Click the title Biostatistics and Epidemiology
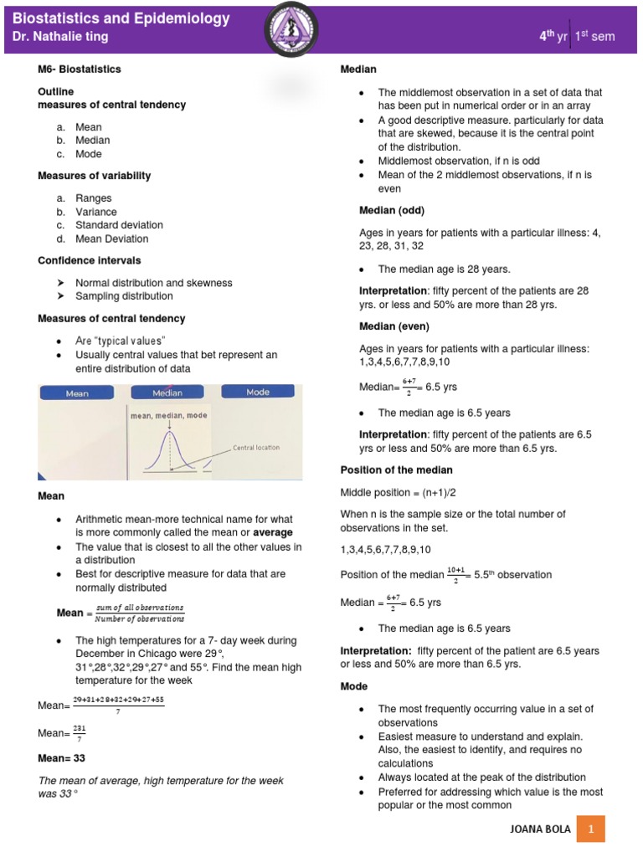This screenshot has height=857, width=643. coord(122,18)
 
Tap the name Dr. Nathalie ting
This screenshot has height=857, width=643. coord(60,37)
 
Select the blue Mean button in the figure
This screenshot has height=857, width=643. coord(77,393)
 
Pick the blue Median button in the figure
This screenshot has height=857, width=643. coord(167,393)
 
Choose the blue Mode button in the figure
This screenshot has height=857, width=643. coord(258,392)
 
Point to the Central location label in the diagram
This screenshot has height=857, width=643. coord(256,448)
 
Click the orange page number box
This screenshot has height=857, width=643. coord(591,829)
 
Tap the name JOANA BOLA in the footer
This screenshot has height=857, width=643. coord(540,829)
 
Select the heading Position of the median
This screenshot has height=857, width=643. coord(396,470)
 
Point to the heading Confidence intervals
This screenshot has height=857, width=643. coord(89,260)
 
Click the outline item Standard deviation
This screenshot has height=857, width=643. coord(119,225)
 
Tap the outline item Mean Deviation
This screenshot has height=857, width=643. coord(111,239)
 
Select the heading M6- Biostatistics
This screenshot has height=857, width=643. coord(80,69)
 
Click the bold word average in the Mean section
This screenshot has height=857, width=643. coord(273,532)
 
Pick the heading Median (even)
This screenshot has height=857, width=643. coord(394,326)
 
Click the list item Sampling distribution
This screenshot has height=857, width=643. coord(124,296)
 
